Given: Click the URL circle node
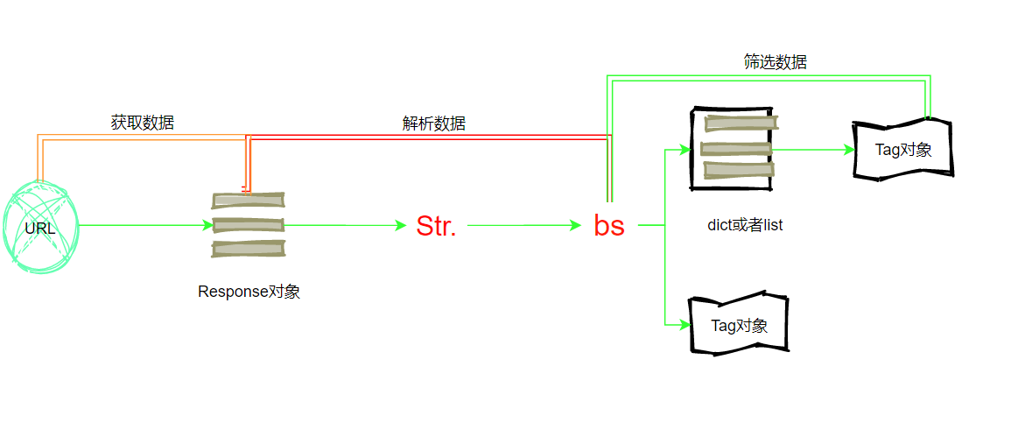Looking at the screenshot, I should (x=40, y=228).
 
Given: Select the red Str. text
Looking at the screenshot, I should (x=436, y=226).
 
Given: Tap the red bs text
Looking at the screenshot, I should (x=609, y=226).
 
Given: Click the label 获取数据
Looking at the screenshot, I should (x=142, y=123).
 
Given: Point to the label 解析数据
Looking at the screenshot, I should (x=433, y=123).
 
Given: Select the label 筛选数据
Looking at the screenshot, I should (x=775, y=61).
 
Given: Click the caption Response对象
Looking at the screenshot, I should (x=249, y=292).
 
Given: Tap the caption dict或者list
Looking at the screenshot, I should (x=745, y=225).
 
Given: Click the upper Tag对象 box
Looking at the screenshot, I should (x=902, y=150).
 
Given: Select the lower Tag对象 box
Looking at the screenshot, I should (x=739, y=325).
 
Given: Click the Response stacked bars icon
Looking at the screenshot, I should (x=249, y=225).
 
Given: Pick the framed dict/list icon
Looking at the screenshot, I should (x=733, y=148).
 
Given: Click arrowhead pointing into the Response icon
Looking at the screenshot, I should (x=207, y=225).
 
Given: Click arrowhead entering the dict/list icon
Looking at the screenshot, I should (x=685, y=150).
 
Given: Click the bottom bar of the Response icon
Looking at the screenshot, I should (x=249, y=249).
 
